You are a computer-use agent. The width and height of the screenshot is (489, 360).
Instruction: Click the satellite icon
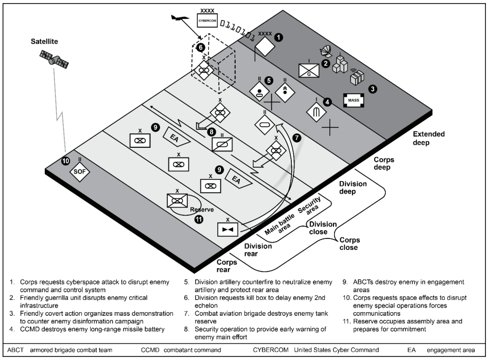coord(54,58)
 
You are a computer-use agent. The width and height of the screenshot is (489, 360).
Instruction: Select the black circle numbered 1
coord(278,37)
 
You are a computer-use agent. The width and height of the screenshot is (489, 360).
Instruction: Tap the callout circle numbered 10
coord(65,161)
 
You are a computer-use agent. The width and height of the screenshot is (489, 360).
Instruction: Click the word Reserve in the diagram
coord(202,210)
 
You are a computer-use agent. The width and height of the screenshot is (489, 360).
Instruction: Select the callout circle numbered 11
coord(199,219)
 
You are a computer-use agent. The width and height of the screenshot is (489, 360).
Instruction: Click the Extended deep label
coord(428,138)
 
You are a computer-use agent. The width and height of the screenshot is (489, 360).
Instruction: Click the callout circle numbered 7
coord(296,138)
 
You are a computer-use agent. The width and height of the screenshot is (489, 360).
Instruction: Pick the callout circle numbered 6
coord(201,47)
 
